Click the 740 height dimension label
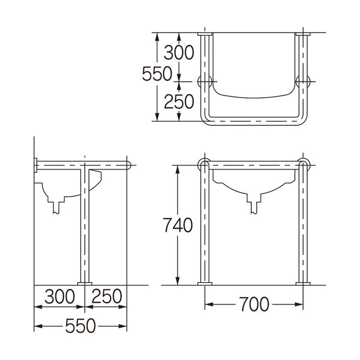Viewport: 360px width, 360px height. [177, 225]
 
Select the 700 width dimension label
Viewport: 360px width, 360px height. [254, 305]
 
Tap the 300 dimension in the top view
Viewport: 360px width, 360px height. [179, 53]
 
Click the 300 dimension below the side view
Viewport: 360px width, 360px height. [59, 297]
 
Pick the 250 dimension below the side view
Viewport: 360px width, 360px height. [107, 297]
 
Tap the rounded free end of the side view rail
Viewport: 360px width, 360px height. [129, 165]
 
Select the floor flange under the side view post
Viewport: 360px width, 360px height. [84, 283]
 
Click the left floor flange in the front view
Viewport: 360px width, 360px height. [205, 283]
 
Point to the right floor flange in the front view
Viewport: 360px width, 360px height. [303, 283]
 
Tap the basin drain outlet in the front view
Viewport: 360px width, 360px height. [255, 206]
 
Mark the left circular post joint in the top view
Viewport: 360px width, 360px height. [205, 81]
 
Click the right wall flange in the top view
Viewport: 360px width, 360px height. [303, 35]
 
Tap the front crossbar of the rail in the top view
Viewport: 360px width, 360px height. [254, 121]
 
